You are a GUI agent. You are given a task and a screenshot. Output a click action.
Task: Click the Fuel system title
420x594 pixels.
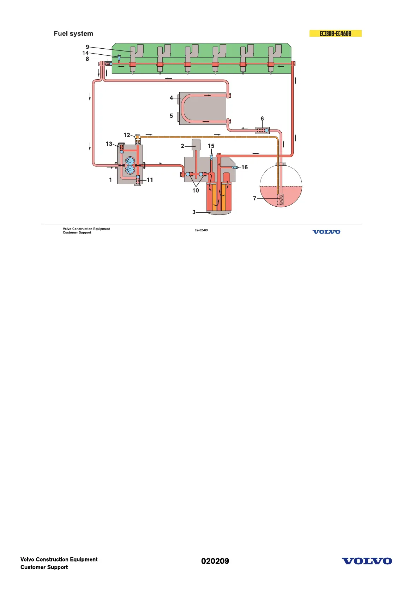click(73, 34)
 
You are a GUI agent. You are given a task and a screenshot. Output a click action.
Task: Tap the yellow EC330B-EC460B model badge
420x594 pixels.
click(335, 34)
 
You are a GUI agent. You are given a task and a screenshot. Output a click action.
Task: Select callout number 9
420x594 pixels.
click(87, 47)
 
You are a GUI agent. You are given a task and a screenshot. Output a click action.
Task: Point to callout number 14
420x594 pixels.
click(85, 53)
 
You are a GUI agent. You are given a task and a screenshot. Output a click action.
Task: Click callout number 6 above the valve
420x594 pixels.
click(262, 119)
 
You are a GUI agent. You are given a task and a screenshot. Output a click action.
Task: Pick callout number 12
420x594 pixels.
click(127, 135)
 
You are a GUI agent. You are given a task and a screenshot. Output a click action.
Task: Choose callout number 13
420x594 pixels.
click(109, 144)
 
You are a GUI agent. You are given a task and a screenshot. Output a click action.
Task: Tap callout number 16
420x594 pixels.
click(245, 167)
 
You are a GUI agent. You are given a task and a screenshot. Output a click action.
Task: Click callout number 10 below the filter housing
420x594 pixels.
click(196, 190)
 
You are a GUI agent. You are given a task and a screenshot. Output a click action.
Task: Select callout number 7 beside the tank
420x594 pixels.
click(254, 199)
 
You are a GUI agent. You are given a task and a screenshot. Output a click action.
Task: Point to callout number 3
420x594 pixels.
click(194, 212)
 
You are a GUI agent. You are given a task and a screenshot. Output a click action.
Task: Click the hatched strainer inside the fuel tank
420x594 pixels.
click(280, 199)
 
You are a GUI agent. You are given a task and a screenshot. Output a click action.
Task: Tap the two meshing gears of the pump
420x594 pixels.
click(130, 165)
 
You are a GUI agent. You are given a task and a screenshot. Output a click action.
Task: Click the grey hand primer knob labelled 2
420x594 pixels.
click(196, 144)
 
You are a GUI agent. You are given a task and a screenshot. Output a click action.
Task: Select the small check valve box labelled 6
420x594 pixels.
click(262, 131)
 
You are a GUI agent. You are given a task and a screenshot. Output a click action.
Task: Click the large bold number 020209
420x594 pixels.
click(215, 561)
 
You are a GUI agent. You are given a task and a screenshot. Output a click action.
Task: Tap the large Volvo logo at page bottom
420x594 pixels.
click(367, 561)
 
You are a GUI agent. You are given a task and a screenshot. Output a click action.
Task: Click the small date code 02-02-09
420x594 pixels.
click(201, 230)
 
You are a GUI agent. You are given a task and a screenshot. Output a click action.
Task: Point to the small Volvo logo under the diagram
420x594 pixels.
click(326, 232)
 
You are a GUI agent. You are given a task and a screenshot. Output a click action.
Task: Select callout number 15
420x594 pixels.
click(211, 146)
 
